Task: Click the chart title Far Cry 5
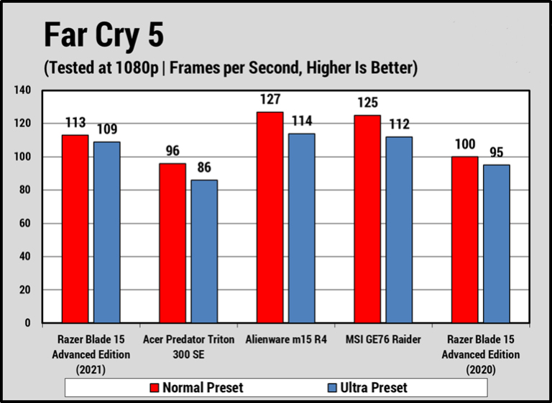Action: point(103,35)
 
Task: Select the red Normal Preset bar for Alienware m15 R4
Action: point(270,217)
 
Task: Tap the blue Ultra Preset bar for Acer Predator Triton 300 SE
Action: point(204,251)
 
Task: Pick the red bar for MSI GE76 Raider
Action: point(367,219)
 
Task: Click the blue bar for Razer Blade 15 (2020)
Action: point(497,244)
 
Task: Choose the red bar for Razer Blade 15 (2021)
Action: point(75,228)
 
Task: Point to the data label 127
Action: point(270,99)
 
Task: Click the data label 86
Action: point(204,167)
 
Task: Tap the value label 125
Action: point(367,103)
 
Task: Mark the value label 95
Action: point(497,152)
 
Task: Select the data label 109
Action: point(106,129)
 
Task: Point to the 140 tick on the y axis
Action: point(22,91)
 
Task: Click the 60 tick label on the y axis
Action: point(24,223)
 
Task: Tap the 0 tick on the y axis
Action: point(28,323)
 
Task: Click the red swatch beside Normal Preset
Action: point(155,387)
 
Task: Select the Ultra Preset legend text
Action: point(374,387)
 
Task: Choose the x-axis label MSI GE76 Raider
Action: point(383,340)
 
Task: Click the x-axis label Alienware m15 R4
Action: point(286,340)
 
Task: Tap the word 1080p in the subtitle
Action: point(137,68)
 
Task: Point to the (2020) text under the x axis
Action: point(481,370)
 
